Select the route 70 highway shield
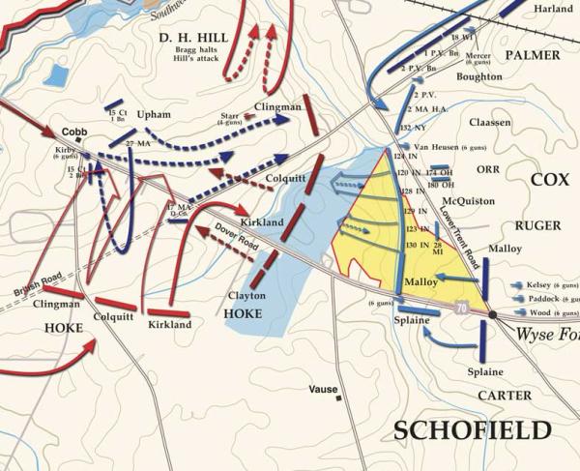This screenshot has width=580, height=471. pyautogui.click(x=462, y=307)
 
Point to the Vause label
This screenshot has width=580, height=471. pyautogui.click(x=323, y=389)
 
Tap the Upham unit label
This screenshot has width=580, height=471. pyautogui.click(x=153, y=114)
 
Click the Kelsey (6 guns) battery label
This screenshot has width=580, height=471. pyautogui.click(x=546, y=285)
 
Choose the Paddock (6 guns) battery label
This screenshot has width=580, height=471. pyautogui.click(x=546, y=299)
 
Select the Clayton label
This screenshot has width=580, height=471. pyautogui.click(x=246, y=295)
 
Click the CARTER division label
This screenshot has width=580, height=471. pyautogui.click(x=505, y=396)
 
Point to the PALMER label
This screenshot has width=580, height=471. pyautogui.click(x=530, y=55)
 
